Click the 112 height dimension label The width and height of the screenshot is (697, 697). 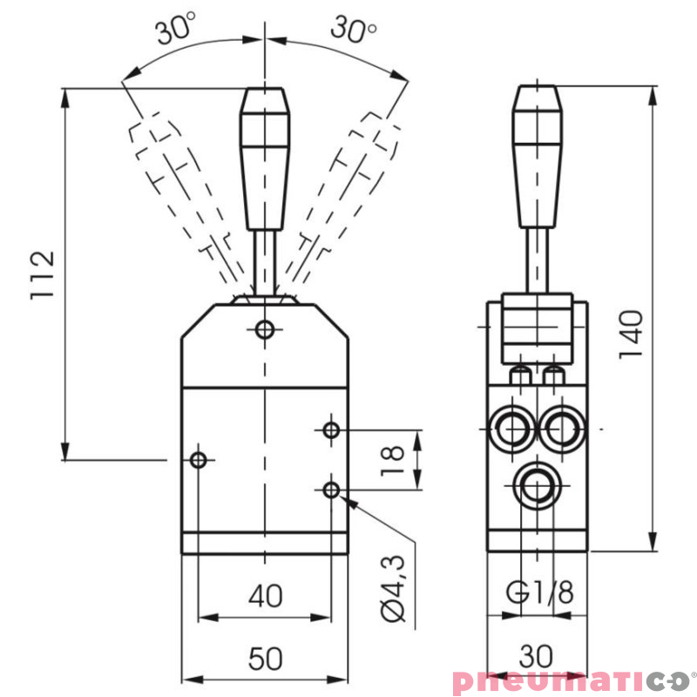pyautogui.click(x=43, y=275)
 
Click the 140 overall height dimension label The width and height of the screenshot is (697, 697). pyautogui.click(x=630, y=334)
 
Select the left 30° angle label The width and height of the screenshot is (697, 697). pyautogui.click(x=176, y=31)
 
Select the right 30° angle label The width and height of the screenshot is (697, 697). pyautogui.click(x=354, y=30)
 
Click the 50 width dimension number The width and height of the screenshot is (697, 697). pyautogui.click(x=265, y=660)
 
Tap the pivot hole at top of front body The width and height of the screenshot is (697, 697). pyautogui.click(x=265, y=329)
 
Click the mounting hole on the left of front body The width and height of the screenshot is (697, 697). pyautogui.click(x=199, y=459)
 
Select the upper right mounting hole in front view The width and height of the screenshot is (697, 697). pyautogui.click(x=331, y=430)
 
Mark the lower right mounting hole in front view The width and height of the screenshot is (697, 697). pyautogui.click(x=331, y=491)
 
